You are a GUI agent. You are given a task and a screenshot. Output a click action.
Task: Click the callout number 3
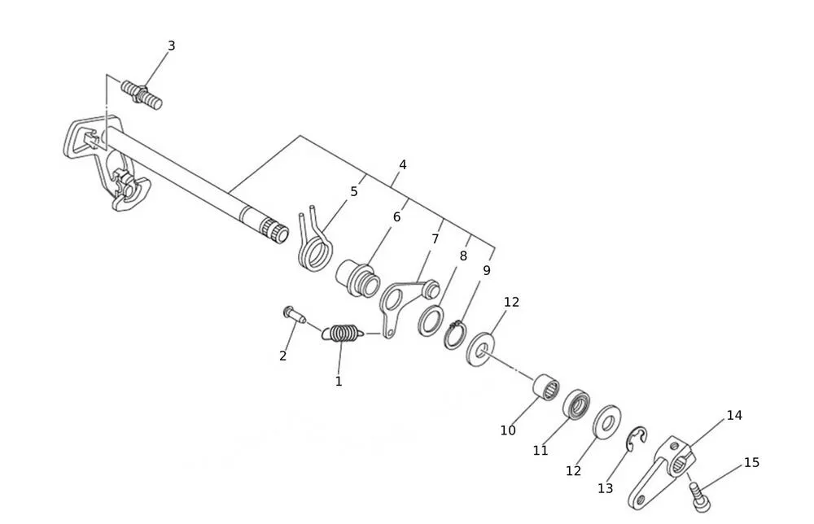click(x=171, y=46)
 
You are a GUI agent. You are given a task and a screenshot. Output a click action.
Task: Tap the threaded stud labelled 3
click(x=142, y=94)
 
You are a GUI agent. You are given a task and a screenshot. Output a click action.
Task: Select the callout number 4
click(x=402, y=165)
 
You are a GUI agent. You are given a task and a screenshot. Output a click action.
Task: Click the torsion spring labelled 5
click(x=315, y=240)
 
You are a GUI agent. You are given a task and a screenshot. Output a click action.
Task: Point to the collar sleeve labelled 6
click(x=358, y=279)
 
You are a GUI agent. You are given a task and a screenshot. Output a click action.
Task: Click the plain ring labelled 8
click(x=431, y=321)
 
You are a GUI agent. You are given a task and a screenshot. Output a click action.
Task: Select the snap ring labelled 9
click(x=455, y=336)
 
